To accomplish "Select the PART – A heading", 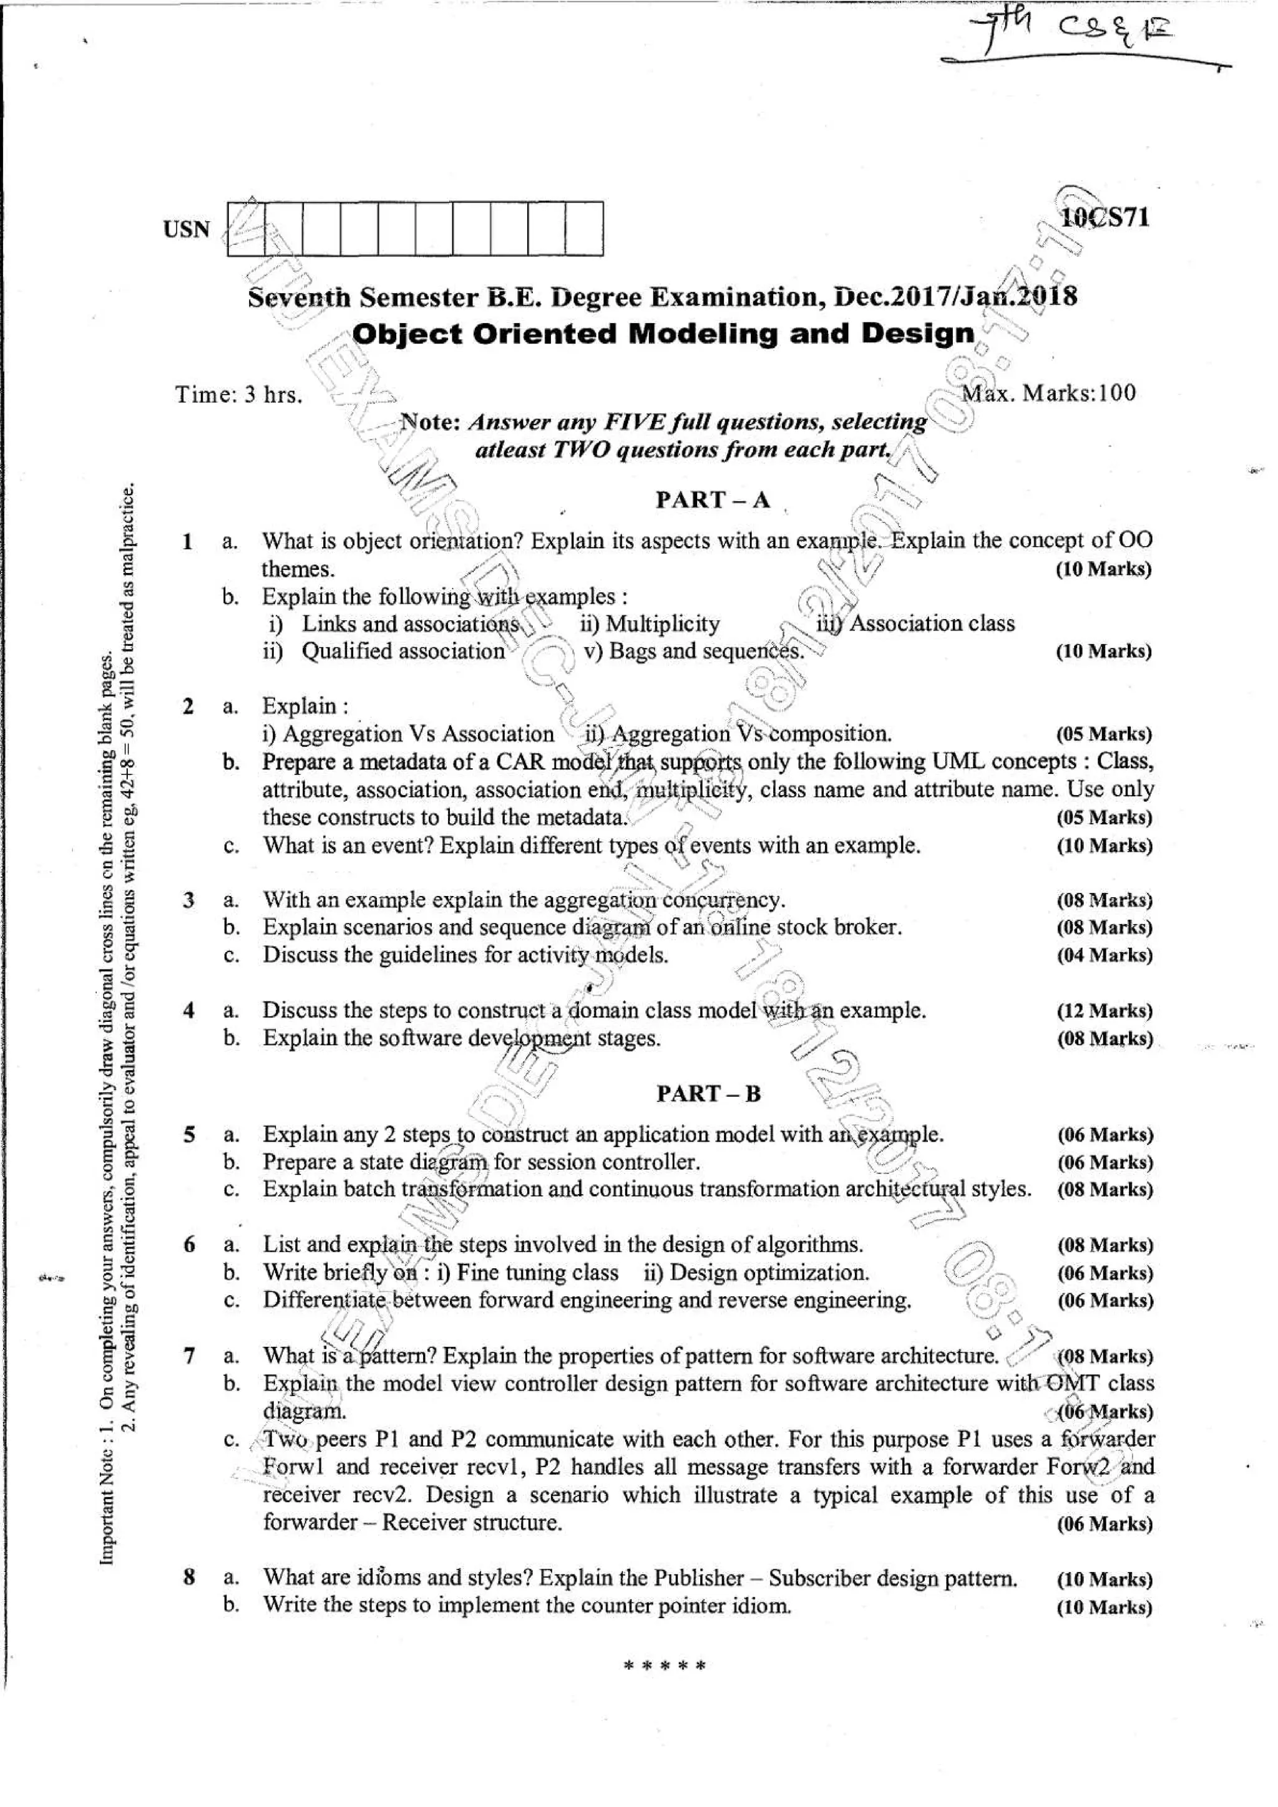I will [x=712, y=499].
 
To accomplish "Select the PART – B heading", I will [x=709, y=1093].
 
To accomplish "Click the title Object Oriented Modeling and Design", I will [x=663, y=334].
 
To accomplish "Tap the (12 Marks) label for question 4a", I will [x=1104, y=1011].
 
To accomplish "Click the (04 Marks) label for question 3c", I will [x=1104, y=955].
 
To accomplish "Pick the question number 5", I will [x=189, y=1134].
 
